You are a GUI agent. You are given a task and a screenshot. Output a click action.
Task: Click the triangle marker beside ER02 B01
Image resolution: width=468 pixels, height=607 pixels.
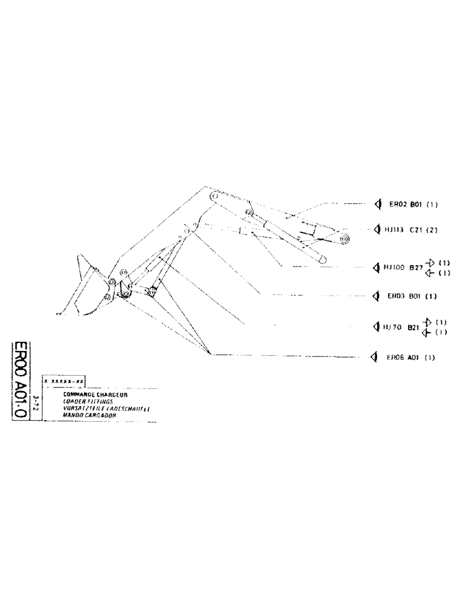pos(377,205)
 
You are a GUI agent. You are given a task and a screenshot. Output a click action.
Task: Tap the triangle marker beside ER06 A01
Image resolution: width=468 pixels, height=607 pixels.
pos(375,357)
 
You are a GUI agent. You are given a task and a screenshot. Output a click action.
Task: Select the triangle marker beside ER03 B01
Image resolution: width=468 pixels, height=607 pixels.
pos(376,296)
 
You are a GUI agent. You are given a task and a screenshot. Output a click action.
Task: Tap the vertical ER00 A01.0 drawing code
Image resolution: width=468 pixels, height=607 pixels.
pos(20,383)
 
